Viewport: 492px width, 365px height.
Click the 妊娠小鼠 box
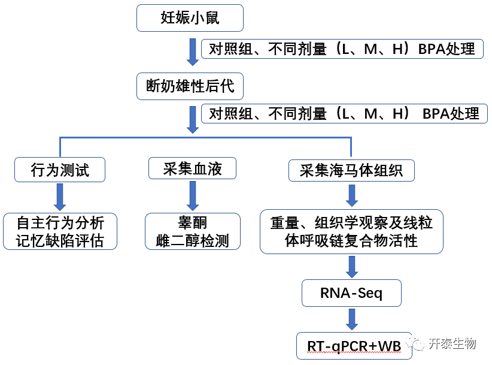pos(190,18)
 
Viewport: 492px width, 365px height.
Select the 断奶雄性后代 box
pos(190,87)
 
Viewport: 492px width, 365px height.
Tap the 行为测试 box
pos(60,170)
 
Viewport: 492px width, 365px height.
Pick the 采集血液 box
pos(192,168)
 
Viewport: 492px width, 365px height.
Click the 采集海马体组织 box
pos(351,171)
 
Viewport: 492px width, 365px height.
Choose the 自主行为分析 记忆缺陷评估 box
pos(60,231)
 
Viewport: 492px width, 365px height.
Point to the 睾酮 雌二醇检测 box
pos(193,231)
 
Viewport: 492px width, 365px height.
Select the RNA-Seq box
pos(351,294)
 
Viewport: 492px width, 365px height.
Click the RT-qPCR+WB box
pos(354,346)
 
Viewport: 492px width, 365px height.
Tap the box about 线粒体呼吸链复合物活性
pos(351,231)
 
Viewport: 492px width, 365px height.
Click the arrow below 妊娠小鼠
pos(193,52)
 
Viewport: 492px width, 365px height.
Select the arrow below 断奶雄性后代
pos(193,120)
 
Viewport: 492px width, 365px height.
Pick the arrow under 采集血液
pos(193,195)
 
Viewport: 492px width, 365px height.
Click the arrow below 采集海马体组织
pos(352,195)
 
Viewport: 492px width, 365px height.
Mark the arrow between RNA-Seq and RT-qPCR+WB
pos(352,319)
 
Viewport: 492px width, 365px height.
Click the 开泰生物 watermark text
pos(452,344)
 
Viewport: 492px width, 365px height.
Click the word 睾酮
pos(193,223)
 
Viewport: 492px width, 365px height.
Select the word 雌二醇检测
pos(193,240)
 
